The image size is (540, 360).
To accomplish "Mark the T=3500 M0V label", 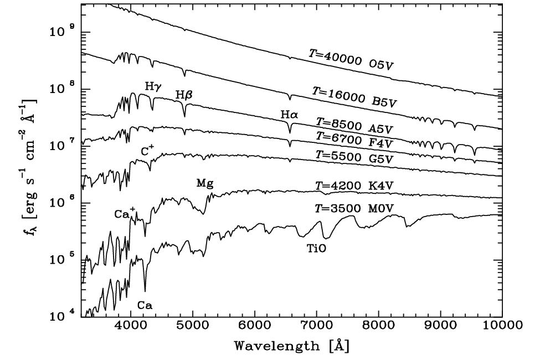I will point(354,209).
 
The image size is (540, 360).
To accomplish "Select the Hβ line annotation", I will point(184,95).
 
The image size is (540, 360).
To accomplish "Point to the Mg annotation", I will point(205,183).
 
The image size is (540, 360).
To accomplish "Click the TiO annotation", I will point(316,249).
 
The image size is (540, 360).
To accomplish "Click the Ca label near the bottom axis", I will point(145,305).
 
